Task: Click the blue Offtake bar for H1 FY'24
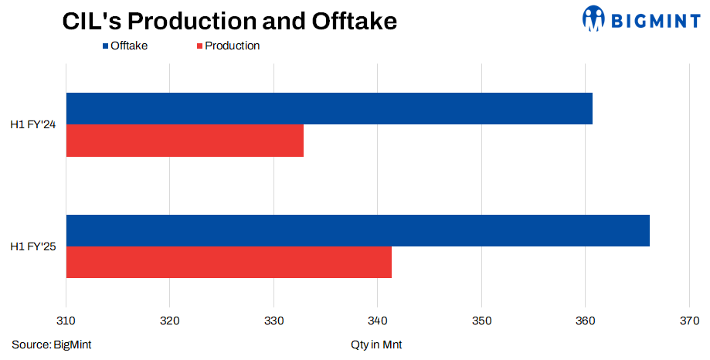coord(329,108)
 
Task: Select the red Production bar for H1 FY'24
coord(185,141)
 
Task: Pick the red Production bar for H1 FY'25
coord(229,262)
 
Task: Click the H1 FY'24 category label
coord(32,124)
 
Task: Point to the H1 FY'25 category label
coord(32,246)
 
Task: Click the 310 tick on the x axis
coord(66,321)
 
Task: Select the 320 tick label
coord(170,321)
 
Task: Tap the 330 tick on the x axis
coord(273,321)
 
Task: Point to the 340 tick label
coord(378,321)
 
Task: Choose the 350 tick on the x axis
coord(481,321)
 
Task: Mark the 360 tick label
coord(585,321)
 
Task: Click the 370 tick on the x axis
coord(688,321)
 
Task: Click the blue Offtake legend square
coord(105,46)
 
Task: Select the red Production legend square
coord(199,46)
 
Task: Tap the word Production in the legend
coord(232,46)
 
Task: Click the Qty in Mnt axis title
coord(376,345)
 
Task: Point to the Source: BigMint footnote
coord(52,345)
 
